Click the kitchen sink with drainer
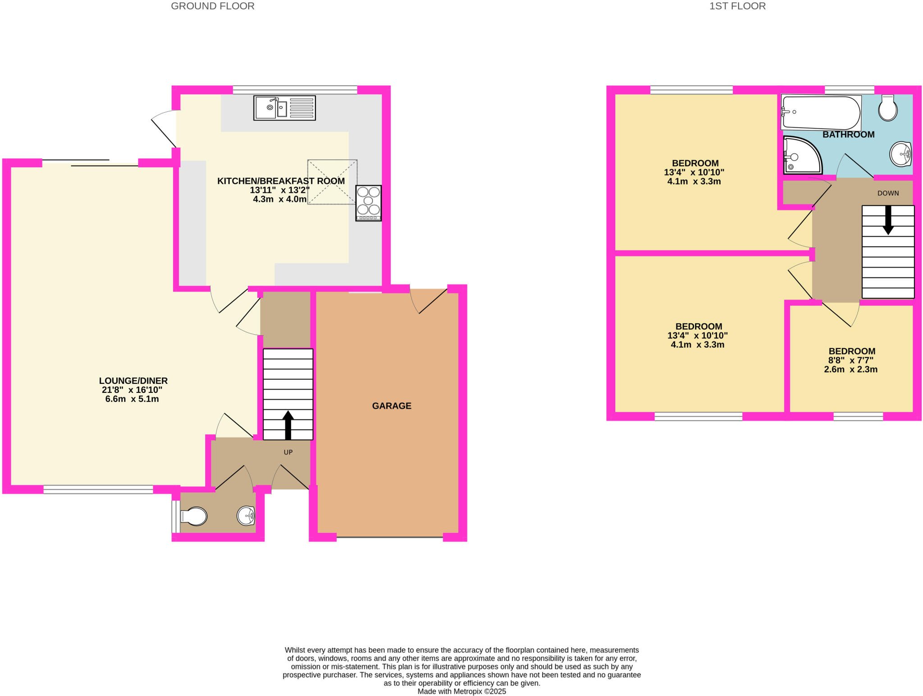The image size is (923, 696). click(284, 108)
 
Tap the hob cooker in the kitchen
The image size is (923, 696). click(368, 203)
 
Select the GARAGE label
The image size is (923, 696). click(391, 406)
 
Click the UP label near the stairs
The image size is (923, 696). click(288, 452)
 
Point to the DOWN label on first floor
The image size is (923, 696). click(888, 193)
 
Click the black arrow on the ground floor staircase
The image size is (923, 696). click(288, 425)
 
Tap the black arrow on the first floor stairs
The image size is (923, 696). click(888, 220)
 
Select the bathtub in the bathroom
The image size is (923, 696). click(821, 113)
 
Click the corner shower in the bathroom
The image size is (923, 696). click(801, 155)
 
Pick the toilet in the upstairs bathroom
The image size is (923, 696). click(887, 108)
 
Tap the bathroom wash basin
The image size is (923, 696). click(900, 154)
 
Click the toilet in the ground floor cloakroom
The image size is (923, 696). click(194, 517)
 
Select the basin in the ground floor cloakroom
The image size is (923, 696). click(246, 516)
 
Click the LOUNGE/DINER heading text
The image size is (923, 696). click(133, 381)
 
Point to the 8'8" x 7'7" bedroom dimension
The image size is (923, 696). click(850, 360)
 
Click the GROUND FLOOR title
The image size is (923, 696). click(212, 6)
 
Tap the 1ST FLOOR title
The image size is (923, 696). click(737, 6)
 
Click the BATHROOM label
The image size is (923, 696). click(848, 135)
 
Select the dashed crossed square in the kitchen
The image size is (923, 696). click(332, 182)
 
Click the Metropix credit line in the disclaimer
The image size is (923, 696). click(461, 691)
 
